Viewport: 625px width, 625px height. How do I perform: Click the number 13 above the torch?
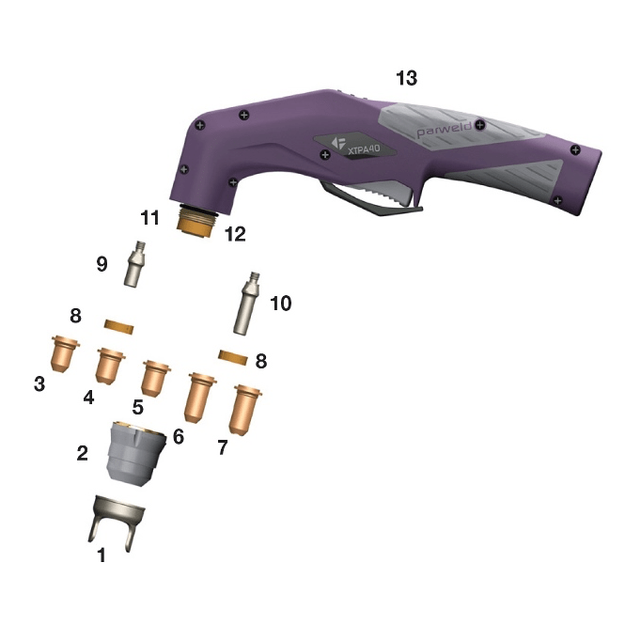[407, 78]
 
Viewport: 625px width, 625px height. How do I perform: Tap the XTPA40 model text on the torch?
[364, 149]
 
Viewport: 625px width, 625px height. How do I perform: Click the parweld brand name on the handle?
[444, 129]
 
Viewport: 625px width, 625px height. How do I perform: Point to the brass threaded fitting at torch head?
[196, 222]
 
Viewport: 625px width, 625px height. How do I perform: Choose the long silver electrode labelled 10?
[246, 304]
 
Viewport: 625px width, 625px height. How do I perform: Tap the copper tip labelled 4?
[110, 366]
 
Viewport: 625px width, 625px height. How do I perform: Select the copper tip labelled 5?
[155, 378]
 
